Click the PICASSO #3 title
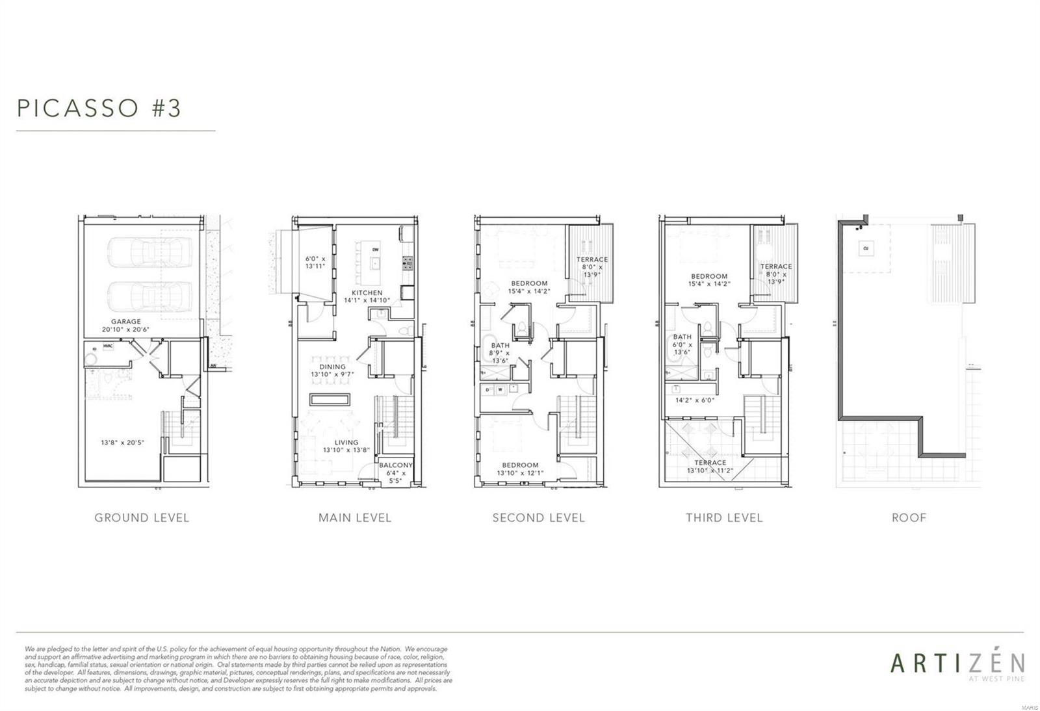click(99, 108)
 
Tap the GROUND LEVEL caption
click(142, 518)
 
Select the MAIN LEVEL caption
click(355, 518)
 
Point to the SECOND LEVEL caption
click(538, 518)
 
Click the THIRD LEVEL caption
click(723, 518)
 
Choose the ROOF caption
click(909, 518)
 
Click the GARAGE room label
click(125, 321)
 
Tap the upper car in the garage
click(150, 252)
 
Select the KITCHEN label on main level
click(367, 292)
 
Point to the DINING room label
click(332, 367)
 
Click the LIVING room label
click(346, 443)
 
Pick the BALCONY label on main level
click(396, 465)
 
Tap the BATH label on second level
click(500, 345)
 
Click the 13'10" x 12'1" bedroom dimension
click(520, 473)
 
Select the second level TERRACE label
click(592, 259)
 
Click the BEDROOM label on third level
click(709, 276)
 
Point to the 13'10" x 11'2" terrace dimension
click(710, 471)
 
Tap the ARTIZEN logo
click(957, 663)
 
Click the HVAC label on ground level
click(108, 346)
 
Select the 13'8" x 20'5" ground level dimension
click(122, 443)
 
